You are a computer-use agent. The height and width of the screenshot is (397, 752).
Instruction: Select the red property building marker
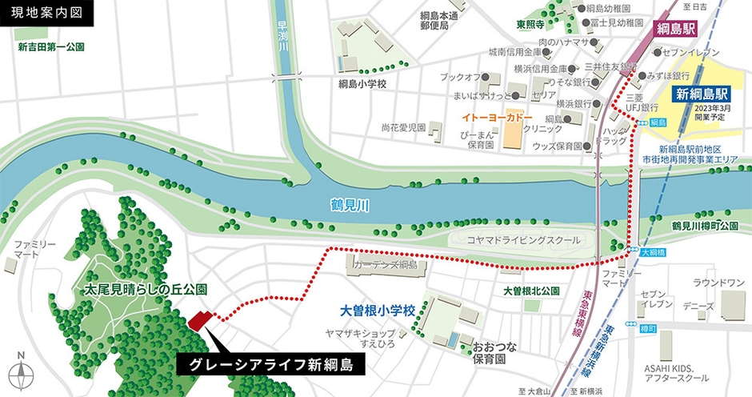pos(200,320)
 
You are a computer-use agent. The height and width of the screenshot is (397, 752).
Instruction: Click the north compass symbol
pos(23,375)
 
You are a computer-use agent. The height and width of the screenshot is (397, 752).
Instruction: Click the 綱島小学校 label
pos(362,83)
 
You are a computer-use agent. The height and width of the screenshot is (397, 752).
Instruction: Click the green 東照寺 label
pos(530,24)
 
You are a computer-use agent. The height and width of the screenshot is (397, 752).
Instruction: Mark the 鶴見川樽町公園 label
pos(704,227)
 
